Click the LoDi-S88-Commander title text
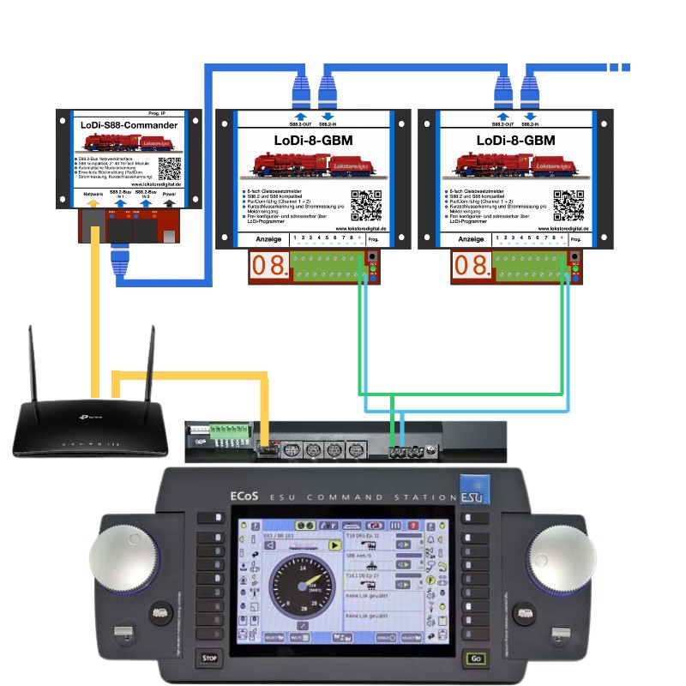click(x=129, y=125)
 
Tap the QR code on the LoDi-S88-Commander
click(x=170, y=167)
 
